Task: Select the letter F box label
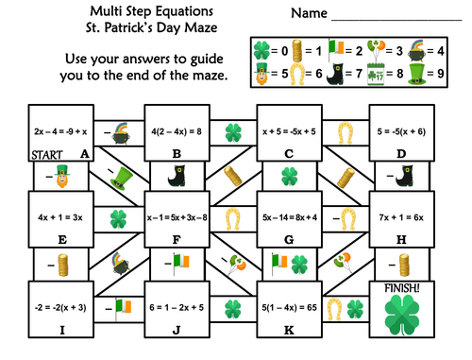pyautogui.click(x=177, y=240)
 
